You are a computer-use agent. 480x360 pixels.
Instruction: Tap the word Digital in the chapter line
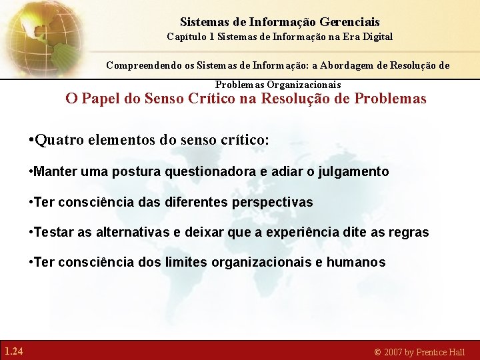coord(377,36)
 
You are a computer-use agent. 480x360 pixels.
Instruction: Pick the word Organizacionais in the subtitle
coord(304,85)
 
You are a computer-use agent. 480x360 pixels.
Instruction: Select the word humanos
coord(356,263)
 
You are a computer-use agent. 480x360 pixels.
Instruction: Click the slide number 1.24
coord(13,351)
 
